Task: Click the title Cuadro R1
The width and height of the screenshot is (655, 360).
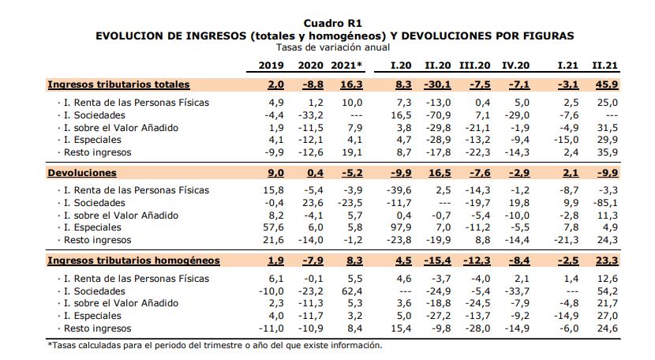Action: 332,24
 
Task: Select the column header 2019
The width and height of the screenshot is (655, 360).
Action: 271,66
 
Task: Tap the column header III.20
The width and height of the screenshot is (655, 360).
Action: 474,66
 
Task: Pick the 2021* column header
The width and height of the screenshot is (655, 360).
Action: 346,66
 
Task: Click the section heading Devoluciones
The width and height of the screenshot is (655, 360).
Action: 82,173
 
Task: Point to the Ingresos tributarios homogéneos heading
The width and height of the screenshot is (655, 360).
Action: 133,261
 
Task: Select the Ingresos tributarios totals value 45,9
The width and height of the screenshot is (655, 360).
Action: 607,84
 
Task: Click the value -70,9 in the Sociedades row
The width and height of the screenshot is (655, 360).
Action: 438,115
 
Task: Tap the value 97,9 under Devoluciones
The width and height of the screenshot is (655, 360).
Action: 401,227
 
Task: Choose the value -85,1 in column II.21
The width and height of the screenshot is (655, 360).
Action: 605,203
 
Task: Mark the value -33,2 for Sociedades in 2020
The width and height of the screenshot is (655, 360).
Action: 310,115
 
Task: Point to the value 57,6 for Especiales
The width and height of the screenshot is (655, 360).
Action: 273,227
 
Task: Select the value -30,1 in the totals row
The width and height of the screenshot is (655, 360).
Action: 437,84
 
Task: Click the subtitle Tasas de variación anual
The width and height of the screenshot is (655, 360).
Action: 333,47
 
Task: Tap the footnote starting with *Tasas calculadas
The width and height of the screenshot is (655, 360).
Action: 215,345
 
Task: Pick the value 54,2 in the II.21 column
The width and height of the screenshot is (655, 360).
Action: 608,291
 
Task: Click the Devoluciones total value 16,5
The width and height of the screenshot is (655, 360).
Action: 440,173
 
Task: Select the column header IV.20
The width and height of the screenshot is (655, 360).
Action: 515,66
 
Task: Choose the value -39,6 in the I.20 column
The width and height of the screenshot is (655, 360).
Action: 399,190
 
